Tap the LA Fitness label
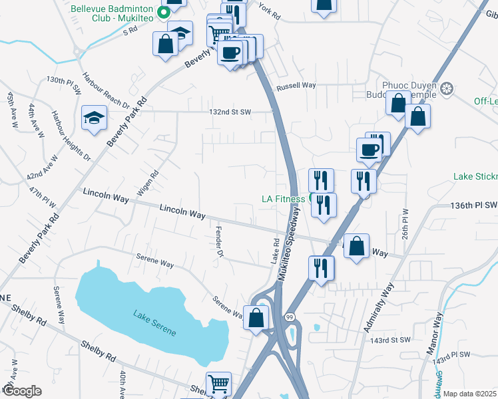[283, 199]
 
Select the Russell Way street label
[296, 86]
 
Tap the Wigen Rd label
[152, 183]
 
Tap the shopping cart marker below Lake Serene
[218, 384]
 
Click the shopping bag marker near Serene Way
[256, 318]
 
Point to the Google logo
[21, 391]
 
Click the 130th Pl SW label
[64, 83]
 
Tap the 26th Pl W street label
[405, 226]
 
